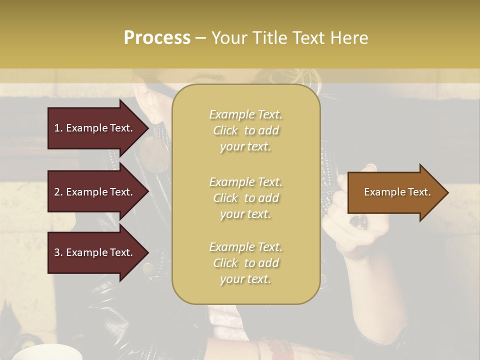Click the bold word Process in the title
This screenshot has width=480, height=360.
[x=157, y=38]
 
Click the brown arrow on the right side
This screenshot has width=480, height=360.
[x=397, y=192]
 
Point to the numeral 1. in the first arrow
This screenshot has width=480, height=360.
[x=58, y=128]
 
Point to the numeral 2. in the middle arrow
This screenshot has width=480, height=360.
[x=58, y=192]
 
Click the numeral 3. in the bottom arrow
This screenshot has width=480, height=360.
[x=58, y=252]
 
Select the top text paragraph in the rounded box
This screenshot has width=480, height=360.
[x=245, y=130]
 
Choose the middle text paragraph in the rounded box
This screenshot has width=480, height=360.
[x=245, y=198]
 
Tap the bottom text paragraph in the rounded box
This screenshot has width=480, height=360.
[x=245, y=263]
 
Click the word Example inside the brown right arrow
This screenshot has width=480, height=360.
[x=383, y=192]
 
